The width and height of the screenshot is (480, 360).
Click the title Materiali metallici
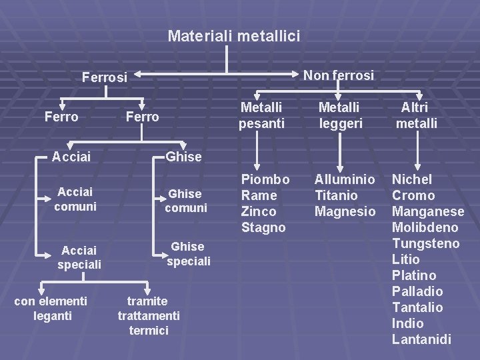(234, 35)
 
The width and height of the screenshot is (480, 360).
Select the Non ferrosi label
(339, 75)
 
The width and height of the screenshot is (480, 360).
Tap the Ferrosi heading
(105, 77)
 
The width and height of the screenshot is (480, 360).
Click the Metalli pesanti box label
(261, 115)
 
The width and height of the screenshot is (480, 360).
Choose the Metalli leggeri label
(339, 115)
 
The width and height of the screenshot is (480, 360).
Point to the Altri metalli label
(416, 115)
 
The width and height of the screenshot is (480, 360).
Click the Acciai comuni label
(75, 199)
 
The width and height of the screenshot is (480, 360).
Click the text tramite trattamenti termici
(149, 315)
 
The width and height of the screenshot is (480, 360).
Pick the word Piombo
(265, 179)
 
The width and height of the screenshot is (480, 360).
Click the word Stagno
(263, 227)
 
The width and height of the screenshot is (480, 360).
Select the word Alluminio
(345, 179)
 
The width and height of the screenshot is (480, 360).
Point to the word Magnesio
(345, 211)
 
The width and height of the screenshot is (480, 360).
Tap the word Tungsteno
(425, 243)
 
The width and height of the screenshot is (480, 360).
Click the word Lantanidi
(421, 339)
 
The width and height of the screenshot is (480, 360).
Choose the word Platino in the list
(414, 275)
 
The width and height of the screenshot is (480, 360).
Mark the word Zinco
(259, 211)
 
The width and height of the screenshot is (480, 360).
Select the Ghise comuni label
(186, 201)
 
